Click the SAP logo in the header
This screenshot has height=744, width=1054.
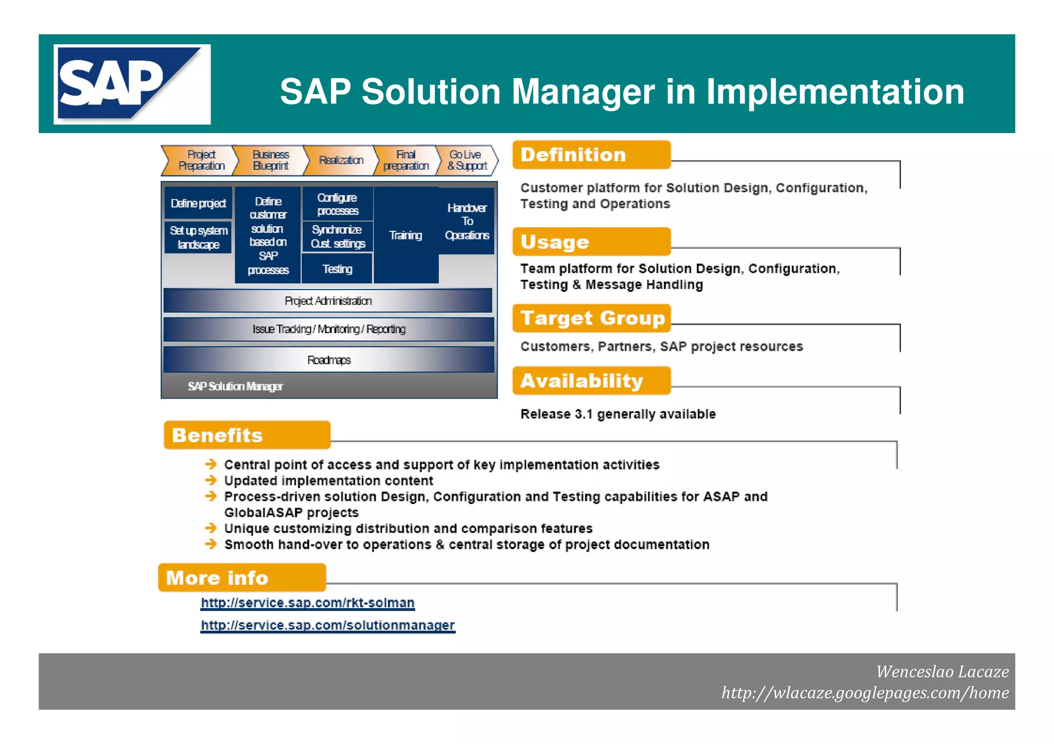pyautogui.click(x=132, y=84)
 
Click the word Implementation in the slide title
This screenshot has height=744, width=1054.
pyautogui.click(x=835, y=92)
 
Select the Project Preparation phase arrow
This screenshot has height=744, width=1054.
pyautogui.click(x=201, y=160)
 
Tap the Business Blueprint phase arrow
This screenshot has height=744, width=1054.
pyautogui.click(x=271, y=160)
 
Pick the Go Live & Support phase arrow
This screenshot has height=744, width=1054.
pyautogui.click(x=467, y=160)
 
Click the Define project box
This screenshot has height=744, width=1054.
pyautogui.click(x=198, y=204)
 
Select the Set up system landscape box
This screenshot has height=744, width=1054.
pyautogui.click(x=198, y=238)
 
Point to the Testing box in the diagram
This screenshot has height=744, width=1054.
pyautogui.click(x=337, y=269)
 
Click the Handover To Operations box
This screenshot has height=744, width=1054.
pyautogui.click(x=467, y=222)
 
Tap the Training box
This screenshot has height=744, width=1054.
pyautogui.click(x=406, y=235)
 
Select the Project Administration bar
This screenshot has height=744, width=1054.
pyautogui.click(x=328, y=301)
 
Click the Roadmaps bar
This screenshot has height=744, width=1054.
pyautogui.click(x=328, y=360)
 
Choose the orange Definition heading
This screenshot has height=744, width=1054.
pyautogui.click(x=591, y=155)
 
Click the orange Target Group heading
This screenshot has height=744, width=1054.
pyautogui.click(x=592, y=318)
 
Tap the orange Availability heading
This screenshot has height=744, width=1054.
pyautogui.click(x=591, y=381)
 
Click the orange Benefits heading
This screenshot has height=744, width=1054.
pyautogui.click(x=247, y=435)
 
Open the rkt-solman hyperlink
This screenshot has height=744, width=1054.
pyautogui.click(x=308, y=603)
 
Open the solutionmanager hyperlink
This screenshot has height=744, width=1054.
pyautogui.click(x=328, y=625)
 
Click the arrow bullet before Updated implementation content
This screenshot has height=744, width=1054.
pyautogui.click(x=211, y=480)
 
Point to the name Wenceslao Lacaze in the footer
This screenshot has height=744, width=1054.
pyautogui.click(x=942, y=672)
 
